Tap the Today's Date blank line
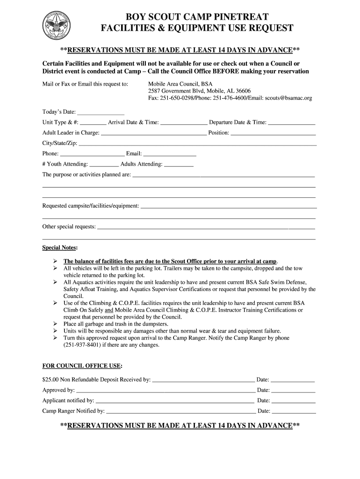[100, 112]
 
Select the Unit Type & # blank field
[93, 123]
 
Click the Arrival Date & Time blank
[184, 123]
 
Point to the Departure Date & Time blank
[292, 123]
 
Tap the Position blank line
[274, 133]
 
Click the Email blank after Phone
[169, 153]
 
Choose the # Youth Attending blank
[104, 164]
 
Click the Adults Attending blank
[179, 164]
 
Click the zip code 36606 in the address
[243, 91]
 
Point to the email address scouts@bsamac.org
[288, 98]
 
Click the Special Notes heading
[60, 247]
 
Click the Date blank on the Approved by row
[294, 390]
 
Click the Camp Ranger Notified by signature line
[180, 411]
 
